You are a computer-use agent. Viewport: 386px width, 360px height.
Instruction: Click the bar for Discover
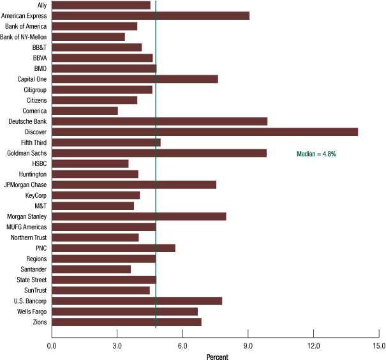pyautogui.click(x=204, y=132)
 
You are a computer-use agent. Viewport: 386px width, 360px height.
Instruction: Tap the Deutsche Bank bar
pyautogui.click(x=159, y=121)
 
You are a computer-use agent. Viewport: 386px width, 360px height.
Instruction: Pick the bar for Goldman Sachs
pyautogui.click(x=159, y=153)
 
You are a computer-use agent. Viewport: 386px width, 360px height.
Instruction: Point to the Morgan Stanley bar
pyautogui.click(x=138, y=216)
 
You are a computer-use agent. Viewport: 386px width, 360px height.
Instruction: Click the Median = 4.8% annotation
pyautogui.click(x=316, y=154)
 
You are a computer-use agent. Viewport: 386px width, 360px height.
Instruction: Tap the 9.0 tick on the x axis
pyautogui.click(x=248, y=345)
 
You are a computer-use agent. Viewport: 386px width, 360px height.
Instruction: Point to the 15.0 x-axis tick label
pyautogui.click(x=379, y=345)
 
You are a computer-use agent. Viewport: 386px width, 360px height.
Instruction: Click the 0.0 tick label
pyautogui.click(x=52, y=345)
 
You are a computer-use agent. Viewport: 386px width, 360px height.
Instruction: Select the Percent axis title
pyautogui.click(x=217, y=356)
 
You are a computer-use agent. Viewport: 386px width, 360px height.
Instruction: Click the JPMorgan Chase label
pyautogui.click(x=25, y=185)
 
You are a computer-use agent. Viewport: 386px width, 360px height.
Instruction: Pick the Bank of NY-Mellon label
pyautogui.click(x=24, y=37)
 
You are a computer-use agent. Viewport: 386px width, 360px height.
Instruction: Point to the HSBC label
pyautogui.click(x=38, y=164)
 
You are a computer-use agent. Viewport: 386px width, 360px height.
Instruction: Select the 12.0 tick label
pyautogui.click(x=314, y=345)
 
